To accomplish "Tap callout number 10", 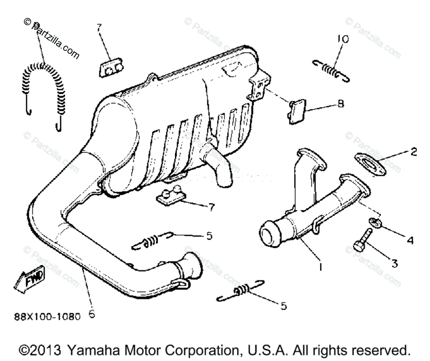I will tap(343, 39).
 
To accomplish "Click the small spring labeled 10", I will tap(331, 70).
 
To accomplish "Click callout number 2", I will tap(414, 152).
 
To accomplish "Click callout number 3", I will tap(394, 264).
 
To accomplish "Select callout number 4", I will tap(410, 240).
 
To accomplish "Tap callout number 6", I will tap(92, 314).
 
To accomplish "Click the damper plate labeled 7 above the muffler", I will tap(110, 68).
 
